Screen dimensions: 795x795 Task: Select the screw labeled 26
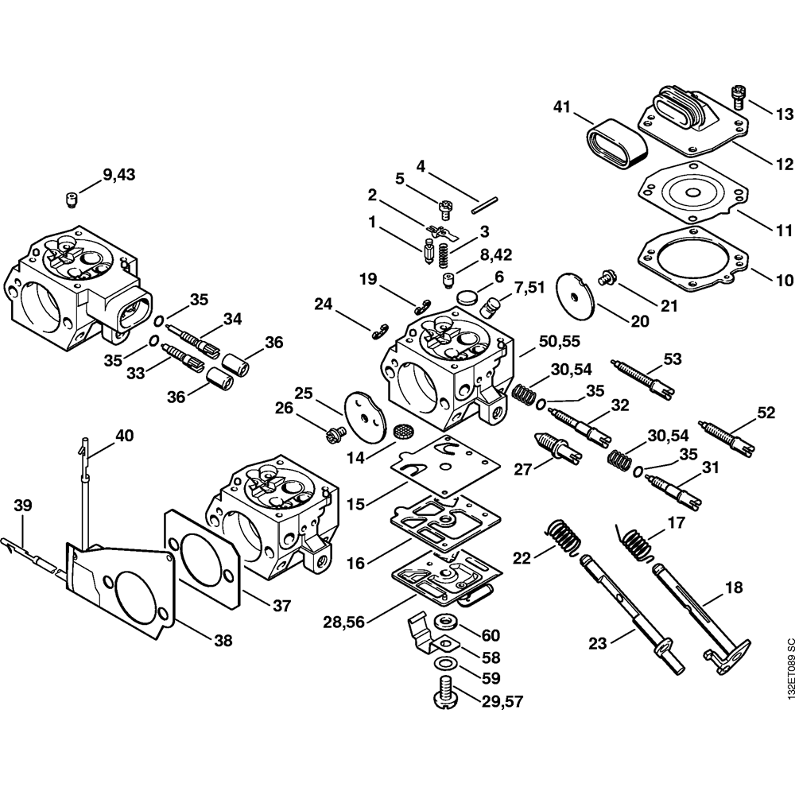click(x=333, y=433)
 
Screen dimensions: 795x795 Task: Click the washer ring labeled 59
click(x=444, y=664)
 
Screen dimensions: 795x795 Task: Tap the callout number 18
click(x=733, y=588)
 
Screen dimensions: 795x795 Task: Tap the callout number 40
click(x=124, y=436)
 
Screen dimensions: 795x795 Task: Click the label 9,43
click(x=118, y=176)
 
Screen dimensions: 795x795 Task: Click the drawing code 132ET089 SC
click(x=788, y=667)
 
